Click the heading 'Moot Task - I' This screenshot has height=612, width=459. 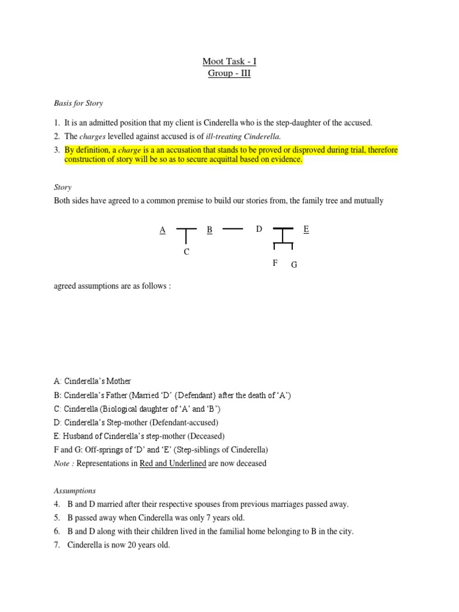229,62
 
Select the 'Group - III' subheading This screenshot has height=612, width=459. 229,74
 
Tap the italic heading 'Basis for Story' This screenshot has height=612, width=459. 78,103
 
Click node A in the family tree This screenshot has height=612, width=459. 162,229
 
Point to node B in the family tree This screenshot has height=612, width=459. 209,229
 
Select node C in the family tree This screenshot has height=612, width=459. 186,252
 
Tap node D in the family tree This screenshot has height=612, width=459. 259,229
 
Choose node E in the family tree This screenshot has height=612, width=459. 307,229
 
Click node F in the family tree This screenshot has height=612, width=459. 275,262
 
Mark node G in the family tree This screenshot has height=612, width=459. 293,265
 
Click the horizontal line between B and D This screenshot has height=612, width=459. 232,228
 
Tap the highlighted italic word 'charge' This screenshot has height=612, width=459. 130,150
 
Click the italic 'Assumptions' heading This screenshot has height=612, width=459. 75,491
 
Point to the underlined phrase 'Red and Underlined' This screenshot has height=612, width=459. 173,463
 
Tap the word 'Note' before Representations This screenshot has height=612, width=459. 62,463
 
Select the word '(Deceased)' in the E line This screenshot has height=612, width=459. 204,436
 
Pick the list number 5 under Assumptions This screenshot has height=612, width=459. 56,518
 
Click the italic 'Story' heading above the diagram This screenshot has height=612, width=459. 62,187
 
